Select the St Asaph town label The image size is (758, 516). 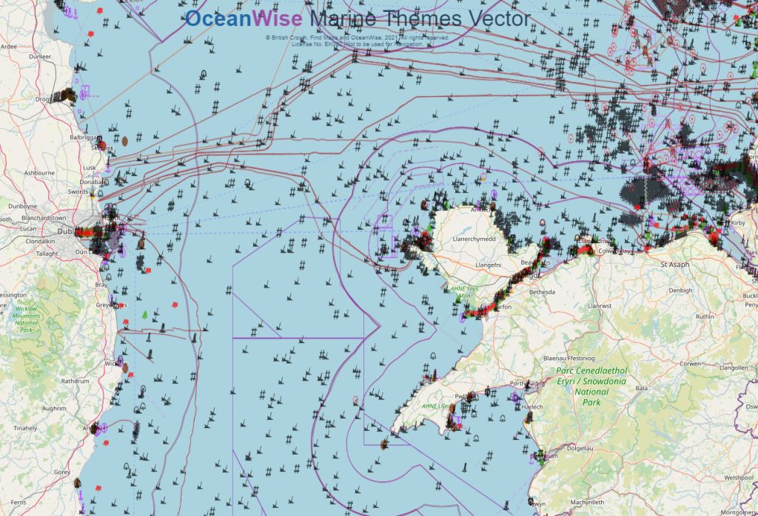[674, 263]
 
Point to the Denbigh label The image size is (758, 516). [680, 291]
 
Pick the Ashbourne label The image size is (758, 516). [39, 172]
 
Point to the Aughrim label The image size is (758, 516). [54, 407]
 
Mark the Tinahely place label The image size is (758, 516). [26, 428]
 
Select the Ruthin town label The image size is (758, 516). [705, 316]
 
